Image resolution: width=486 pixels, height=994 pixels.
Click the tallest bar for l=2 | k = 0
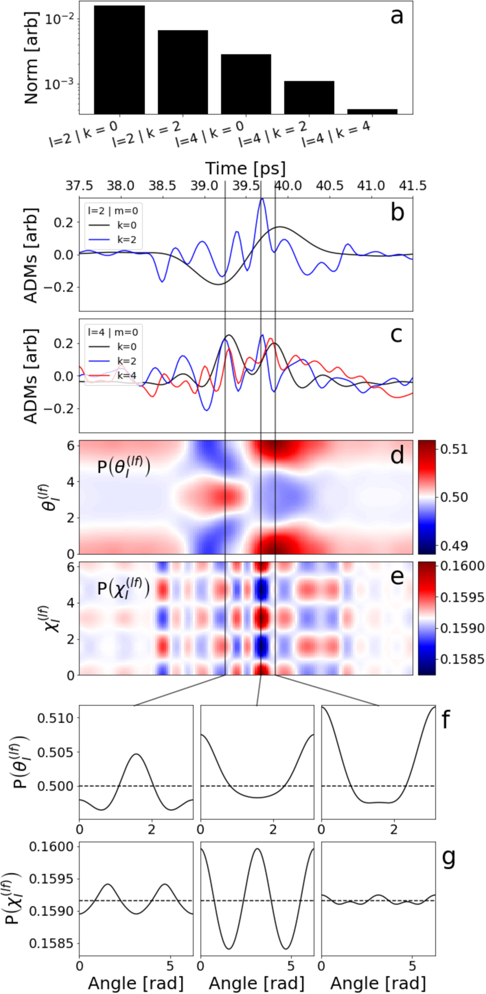click(119, 60)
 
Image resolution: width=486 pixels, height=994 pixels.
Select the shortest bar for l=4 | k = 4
click(372, 112)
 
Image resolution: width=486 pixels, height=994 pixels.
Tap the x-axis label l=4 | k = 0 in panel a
click(210, 134)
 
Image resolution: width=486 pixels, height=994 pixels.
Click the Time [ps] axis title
click(245, 169)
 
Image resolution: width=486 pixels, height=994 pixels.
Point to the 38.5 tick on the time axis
click(162, 186)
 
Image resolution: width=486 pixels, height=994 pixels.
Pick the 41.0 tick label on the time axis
click(371, 186)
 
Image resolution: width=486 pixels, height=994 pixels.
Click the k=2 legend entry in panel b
click(126, 239)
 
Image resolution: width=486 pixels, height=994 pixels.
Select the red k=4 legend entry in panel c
click(126, 375)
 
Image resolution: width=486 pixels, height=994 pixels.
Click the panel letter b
click(397, 213)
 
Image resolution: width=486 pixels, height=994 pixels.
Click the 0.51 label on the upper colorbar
click(454, 449)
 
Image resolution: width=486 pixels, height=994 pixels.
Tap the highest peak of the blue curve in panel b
click(262, 199)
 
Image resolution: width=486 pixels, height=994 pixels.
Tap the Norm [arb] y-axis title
click(31, 58)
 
